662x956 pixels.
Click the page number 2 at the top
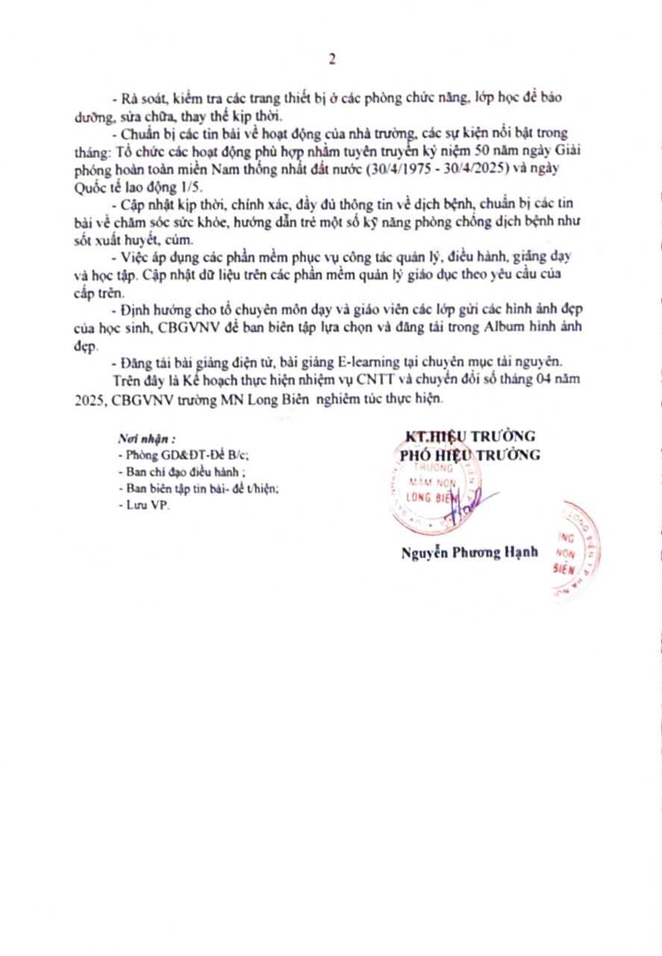331,60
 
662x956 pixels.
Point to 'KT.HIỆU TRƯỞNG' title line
469,437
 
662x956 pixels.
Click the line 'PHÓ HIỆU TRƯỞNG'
470,455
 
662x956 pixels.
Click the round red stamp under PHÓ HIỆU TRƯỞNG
433,493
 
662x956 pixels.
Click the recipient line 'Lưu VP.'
145,506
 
